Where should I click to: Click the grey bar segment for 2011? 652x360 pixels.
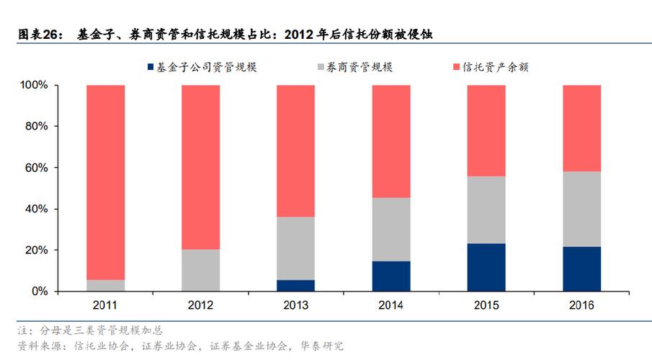tap(105, 285)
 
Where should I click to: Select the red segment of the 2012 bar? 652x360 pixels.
tap(200, 167)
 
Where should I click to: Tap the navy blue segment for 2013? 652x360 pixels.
tap(295, 285)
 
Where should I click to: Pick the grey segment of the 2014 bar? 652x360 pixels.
tap(390, 229)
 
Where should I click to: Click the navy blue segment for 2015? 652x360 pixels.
tap(486, 267)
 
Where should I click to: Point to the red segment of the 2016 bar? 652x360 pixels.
tap(581, 128)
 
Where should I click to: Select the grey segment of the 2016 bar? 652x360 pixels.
tap(581, 209)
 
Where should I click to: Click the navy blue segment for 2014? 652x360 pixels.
tap(390, 276)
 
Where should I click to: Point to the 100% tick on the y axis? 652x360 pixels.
tap(34, 86)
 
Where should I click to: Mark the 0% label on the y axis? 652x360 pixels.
tap(40, 292)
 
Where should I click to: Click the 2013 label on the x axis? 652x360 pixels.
tap(295, 306)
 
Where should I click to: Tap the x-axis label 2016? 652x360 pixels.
tap(581, 306)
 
